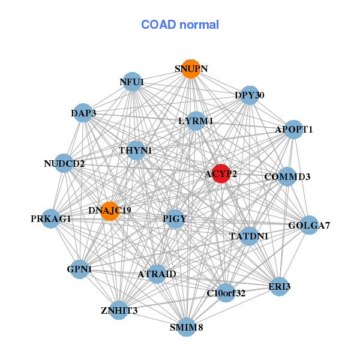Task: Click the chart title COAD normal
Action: (179, 25)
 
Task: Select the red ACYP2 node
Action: (221, 173)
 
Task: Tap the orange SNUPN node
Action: (191, 69)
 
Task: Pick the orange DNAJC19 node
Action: (110, 210)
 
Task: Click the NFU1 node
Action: (132, 82)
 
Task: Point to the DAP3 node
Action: (83, 113)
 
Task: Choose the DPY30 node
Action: (250, 95)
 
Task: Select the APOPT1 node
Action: (293, 129)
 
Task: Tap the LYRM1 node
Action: (196, 121)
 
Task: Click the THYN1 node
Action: (136, 150)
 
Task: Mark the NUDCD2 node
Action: (65, 163)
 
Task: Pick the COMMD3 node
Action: (287, 177)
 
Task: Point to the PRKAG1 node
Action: (51, 218)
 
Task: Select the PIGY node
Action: (175, 218)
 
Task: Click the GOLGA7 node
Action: (309, 226)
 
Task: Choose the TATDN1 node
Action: (248, 236)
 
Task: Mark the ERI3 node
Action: (280, 286)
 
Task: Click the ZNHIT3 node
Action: (119, 310)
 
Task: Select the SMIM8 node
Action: (187, 327)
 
